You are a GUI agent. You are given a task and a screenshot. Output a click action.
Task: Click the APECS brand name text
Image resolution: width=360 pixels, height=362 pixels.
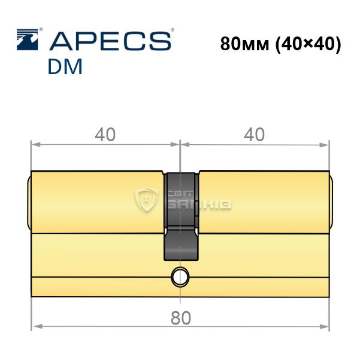(110, 41)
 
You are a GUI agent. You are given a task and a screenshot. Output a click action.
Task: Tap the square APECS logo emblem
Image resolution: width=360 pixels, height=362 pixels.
(28, 39)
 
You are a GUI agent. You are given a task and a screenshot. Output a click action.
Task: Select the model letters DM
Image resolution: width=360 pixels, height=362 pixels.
(65, 66)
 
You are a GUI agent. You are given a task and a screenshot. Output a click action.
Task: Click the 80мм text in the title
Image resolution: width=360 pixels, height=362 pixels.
(244, 44)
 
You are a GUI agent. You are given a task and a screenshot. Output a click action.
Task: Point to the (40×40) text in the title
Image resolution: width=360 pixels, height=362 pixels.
(308, 44)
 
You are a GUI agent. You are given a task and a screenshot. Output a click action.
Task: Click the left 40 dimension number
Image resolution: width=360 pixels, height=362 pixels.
(105, 135)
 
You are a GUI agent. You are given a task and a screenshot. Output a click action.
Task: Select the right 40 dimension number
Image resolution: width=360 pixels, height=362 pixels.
(254, 135)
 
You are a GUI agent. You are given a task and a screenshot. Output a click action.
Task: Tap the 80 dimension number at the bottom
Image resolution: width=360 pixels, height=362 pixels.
(181, 318)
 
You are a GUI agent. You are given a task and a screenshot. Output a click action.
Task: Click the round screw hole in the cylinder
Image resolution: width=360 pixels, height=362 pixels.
(180, 277)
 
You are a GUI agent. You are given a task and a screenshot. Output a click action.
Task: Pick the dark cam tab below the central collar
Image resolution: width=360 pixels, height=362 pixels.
(181, 244)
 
